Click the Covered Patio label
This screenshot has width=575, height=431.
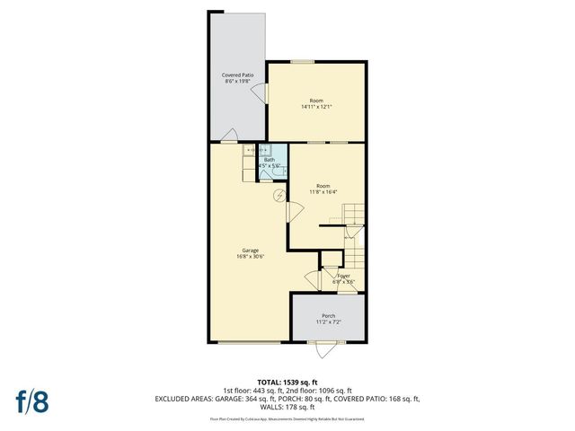click(237, 75)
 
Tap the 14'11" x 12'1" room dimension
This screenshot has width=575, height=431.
click(316, 107)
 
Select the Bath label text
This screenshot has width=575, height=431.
click(270, 160)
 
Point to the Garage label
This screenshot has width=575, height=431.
click(250, 250)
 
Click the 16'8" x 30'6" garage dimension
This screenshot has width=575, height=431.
click(250, 257)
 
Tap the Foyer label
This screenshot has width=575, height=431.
click(343, 276)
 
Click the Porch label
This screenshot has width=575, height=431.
click(328, 315)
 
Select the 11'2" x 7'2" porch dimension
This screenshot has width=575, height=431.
click(328, 322)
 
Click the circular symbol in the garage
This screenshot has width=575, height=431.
click(279, 195)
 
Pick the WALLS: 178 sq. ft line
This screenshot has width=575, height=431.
click(287, 406)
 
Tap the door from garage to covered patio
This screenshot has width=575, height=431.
click(230, 137)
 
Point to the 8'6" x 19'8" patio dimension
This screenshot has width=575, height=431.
click(237, 82)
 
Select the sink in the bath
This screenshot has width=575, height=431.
click(264, 151)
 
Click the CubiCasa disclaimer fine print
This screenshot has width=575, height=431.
click(287, 418)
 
